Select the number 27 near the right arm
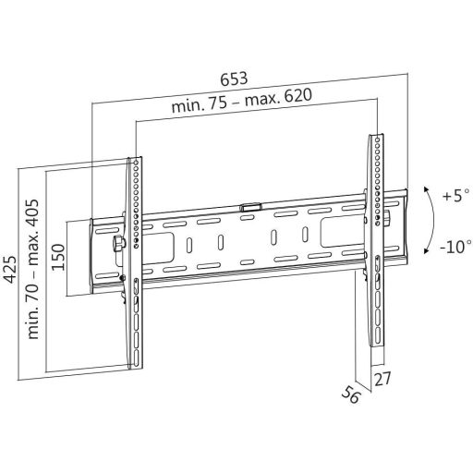[x=382, y=380]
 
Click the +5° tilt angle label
[x=455, y=197]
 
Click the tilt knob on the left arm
[x=118, y=244]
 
